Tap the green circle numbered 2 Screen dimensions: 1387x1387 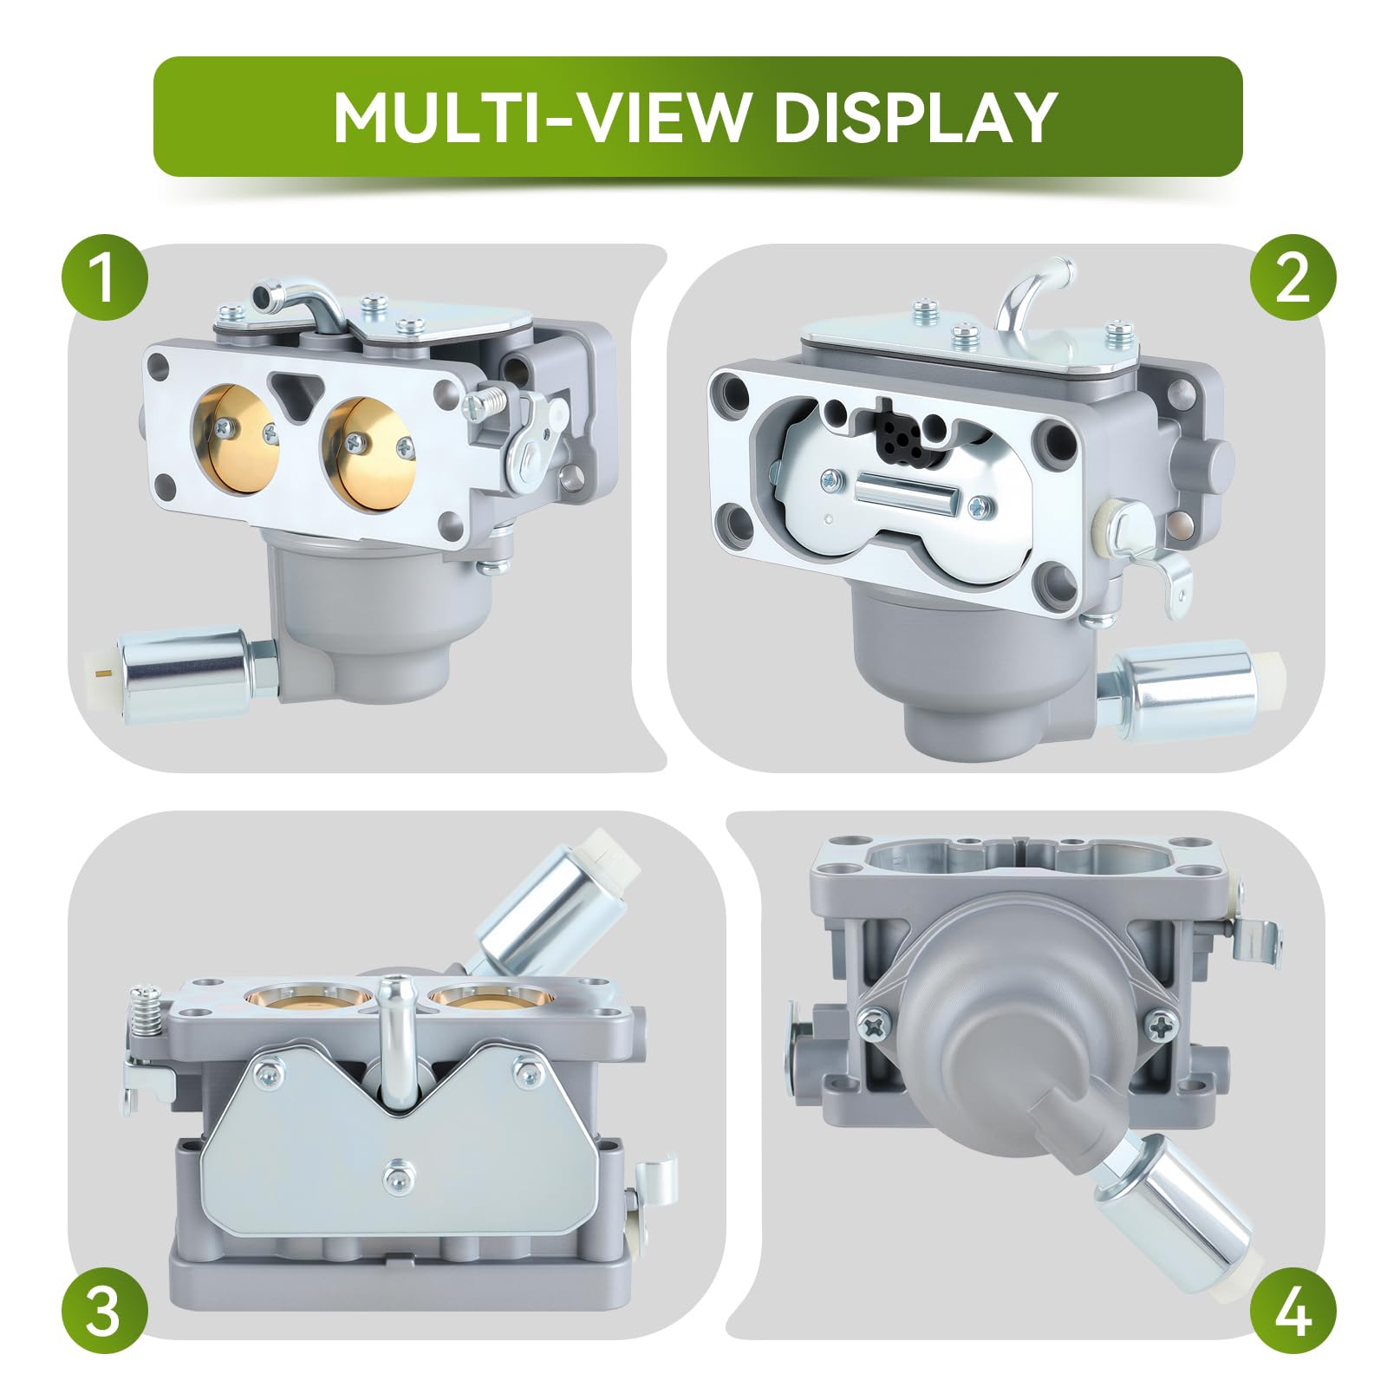pos(1293,279)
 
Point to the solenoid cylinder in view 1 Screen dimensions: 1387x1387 pos(178,667)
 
